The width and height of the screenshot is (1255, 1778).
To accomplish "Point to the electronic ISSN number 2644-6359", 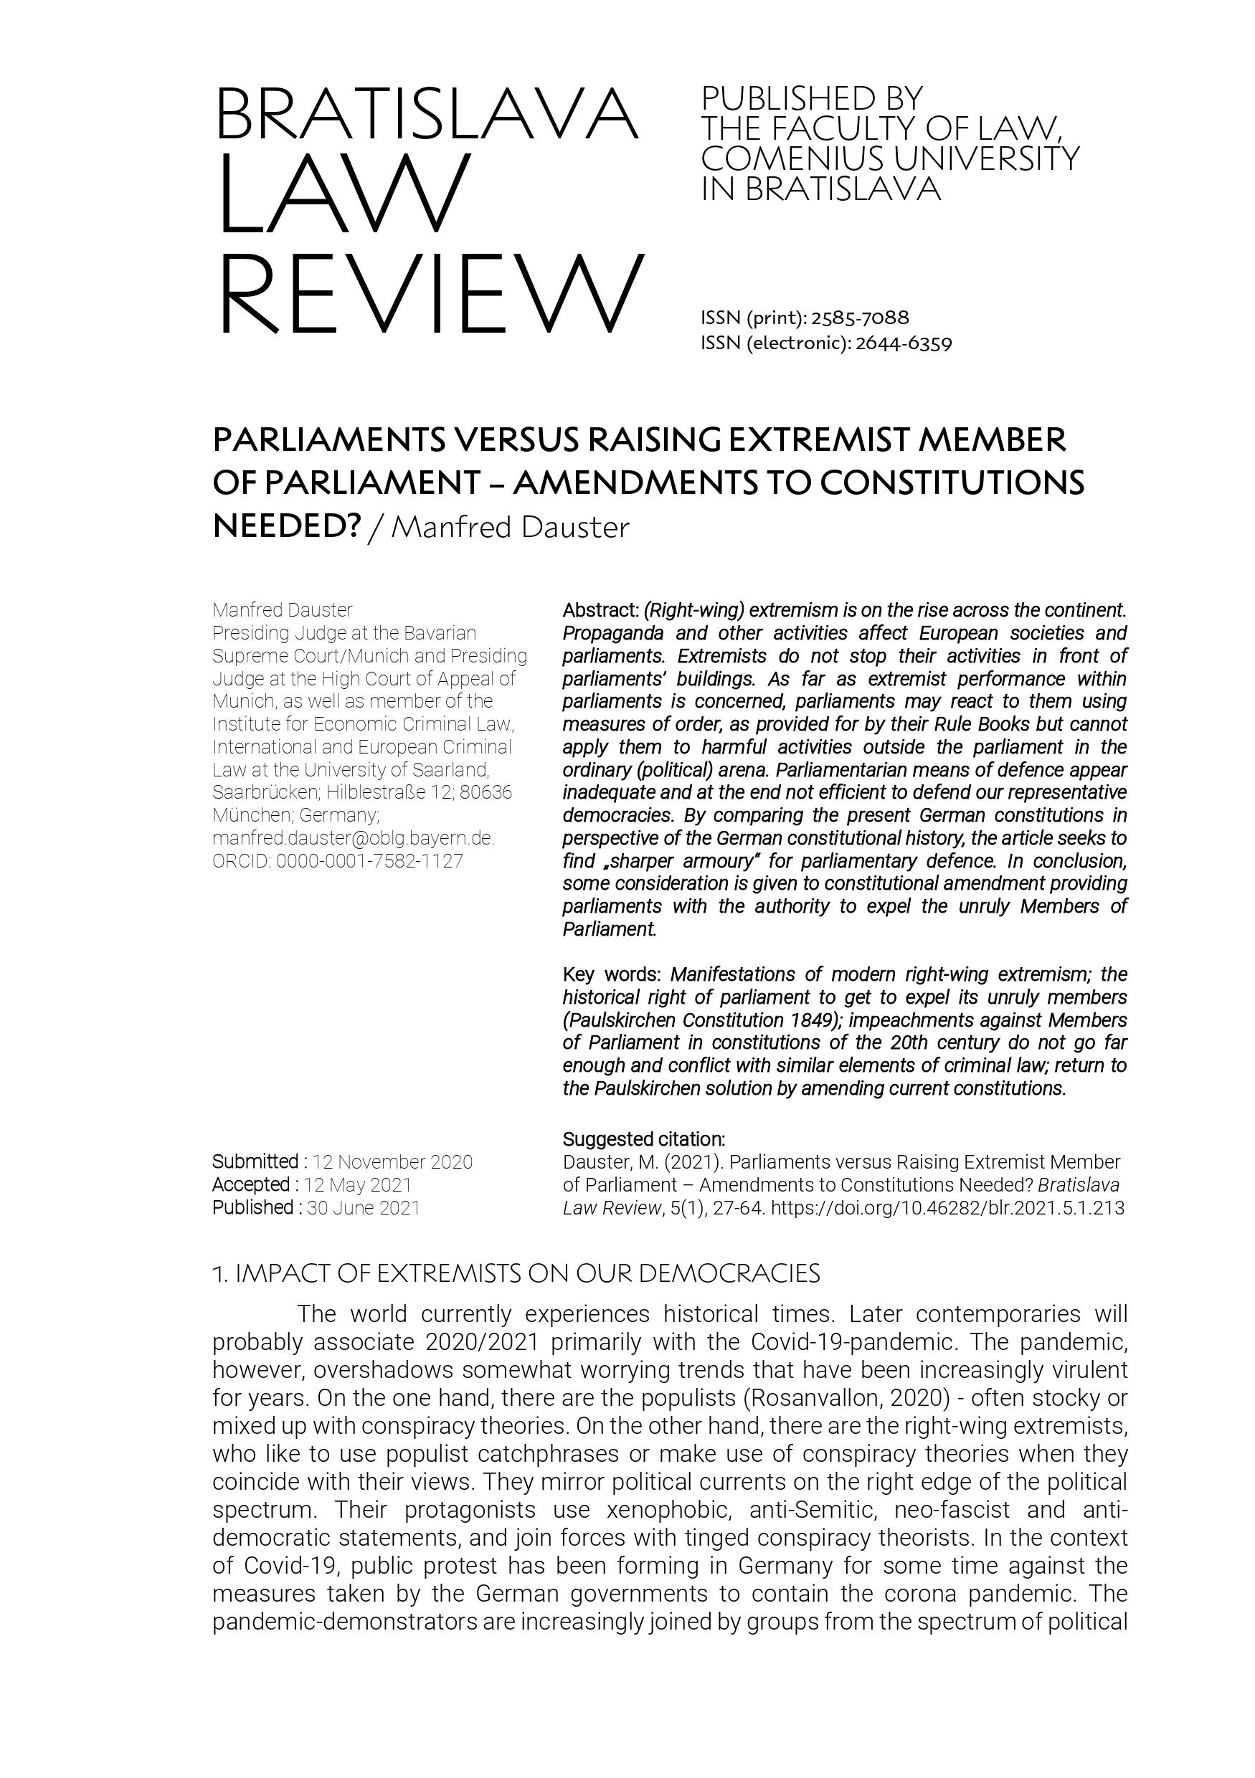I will pyautogui.click(x=904, y=343).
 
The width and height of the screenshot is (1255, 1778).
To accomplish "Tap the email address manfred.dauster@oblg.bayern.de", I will pyautogui.click(x=354, y=838).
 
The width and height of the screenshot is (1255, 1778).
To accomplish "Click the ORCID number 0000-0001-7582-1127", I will pyautogui.click(x=369, y=861).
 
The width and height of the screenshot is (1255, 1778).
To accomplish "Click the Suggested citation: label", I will pyautogui.click(x=644, y=1139).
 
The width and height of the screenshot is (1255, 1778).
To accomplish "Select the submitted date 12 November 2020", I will pyautogui.click(x=392, y=1161).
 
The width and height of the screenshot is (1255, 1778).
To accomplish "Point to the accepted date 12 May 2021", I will pyautogui.click(x=357, y=1185).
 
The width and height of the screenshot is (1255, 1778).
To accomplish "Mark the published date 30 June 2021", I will pyautogui.click(x=364, y=1207).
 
